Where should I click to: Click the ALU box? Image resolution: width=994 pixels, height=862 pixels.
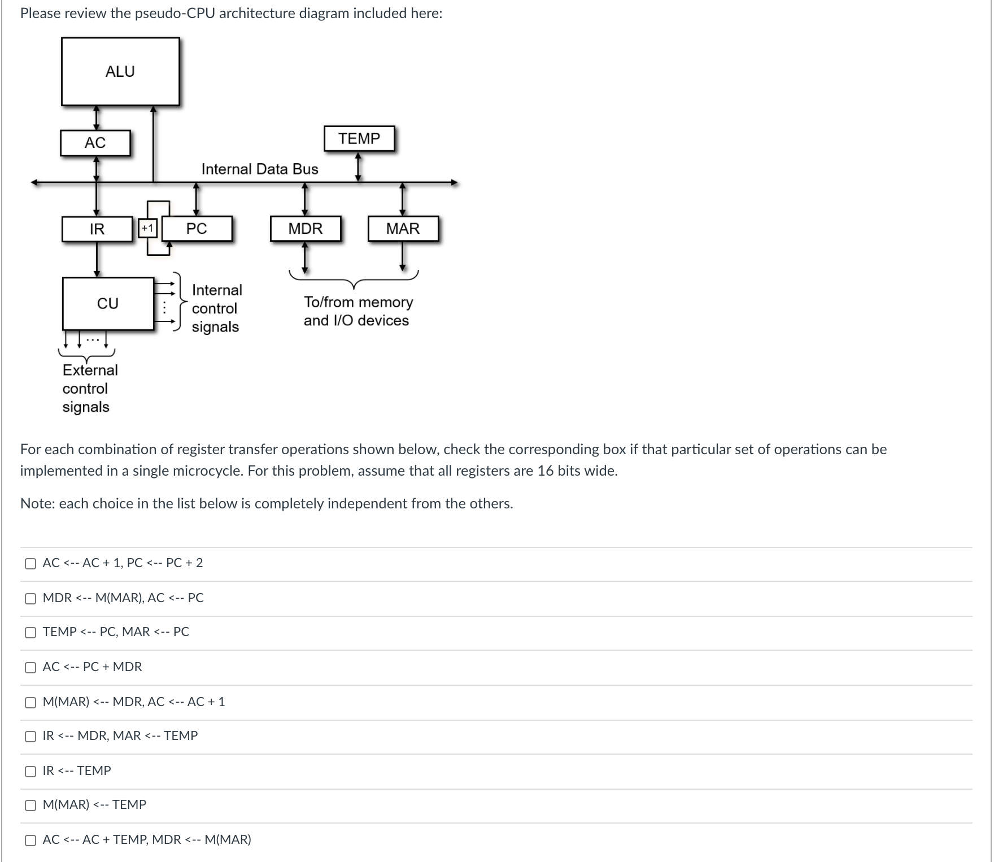pos(120,72)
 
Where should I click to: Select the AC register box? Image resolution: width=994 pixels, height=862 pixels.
pos(95,143)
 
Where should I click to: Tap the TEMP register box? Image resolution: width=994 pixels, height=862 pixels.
pos(359,139)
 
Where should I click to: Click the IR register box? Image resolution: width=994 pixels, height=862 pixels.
pos(97,229)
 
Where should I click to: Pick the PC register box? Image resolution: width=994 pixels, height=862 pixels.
pos(197,229)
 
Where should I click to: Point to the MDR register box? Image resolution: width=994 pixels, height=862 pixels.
pos(306,229)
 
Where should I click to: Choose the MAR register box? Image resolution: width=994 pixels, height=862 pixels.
pos(403,229)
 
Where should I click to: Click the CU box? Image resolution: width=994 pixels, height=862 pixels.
pos(108,303)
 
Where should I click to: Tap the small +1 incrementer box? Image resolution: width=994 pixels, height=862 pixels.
pos(147,229)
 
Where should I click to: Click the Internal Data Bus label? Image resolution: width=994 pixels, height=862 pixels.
pos(260,169)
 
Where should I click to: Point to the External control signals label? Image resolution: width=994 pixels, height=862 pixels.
pos(90,389)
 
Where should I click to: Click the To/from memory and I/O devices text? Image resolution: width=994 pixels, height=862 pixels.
pos(358,311)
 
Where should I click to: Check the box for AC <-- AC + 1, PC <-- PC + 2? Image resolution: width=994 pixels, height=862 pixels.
pos(30,564)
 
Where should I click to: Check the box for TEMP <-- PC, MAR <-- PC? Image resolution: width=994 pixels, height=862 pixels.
pos(30,633)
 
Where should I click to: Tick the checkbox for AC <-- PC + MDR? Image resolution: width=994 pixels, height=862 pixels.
pos(30,668)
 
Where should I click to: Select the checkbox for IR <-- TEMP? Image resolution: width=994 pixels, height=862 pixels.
pos(30,772)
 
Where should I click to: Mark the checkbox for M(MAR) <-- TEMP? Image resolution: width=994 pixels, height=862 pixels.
pos(30,806)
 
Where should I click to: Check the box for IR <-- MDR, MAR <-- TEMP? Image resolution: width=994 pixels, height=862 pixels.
pos(30,737)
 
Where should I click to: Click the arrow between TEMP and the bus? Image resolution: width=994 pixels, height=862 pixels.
pos(358,167)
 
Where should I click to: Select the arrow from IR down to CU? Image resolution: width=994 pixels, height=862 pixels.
pos(97,259)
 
